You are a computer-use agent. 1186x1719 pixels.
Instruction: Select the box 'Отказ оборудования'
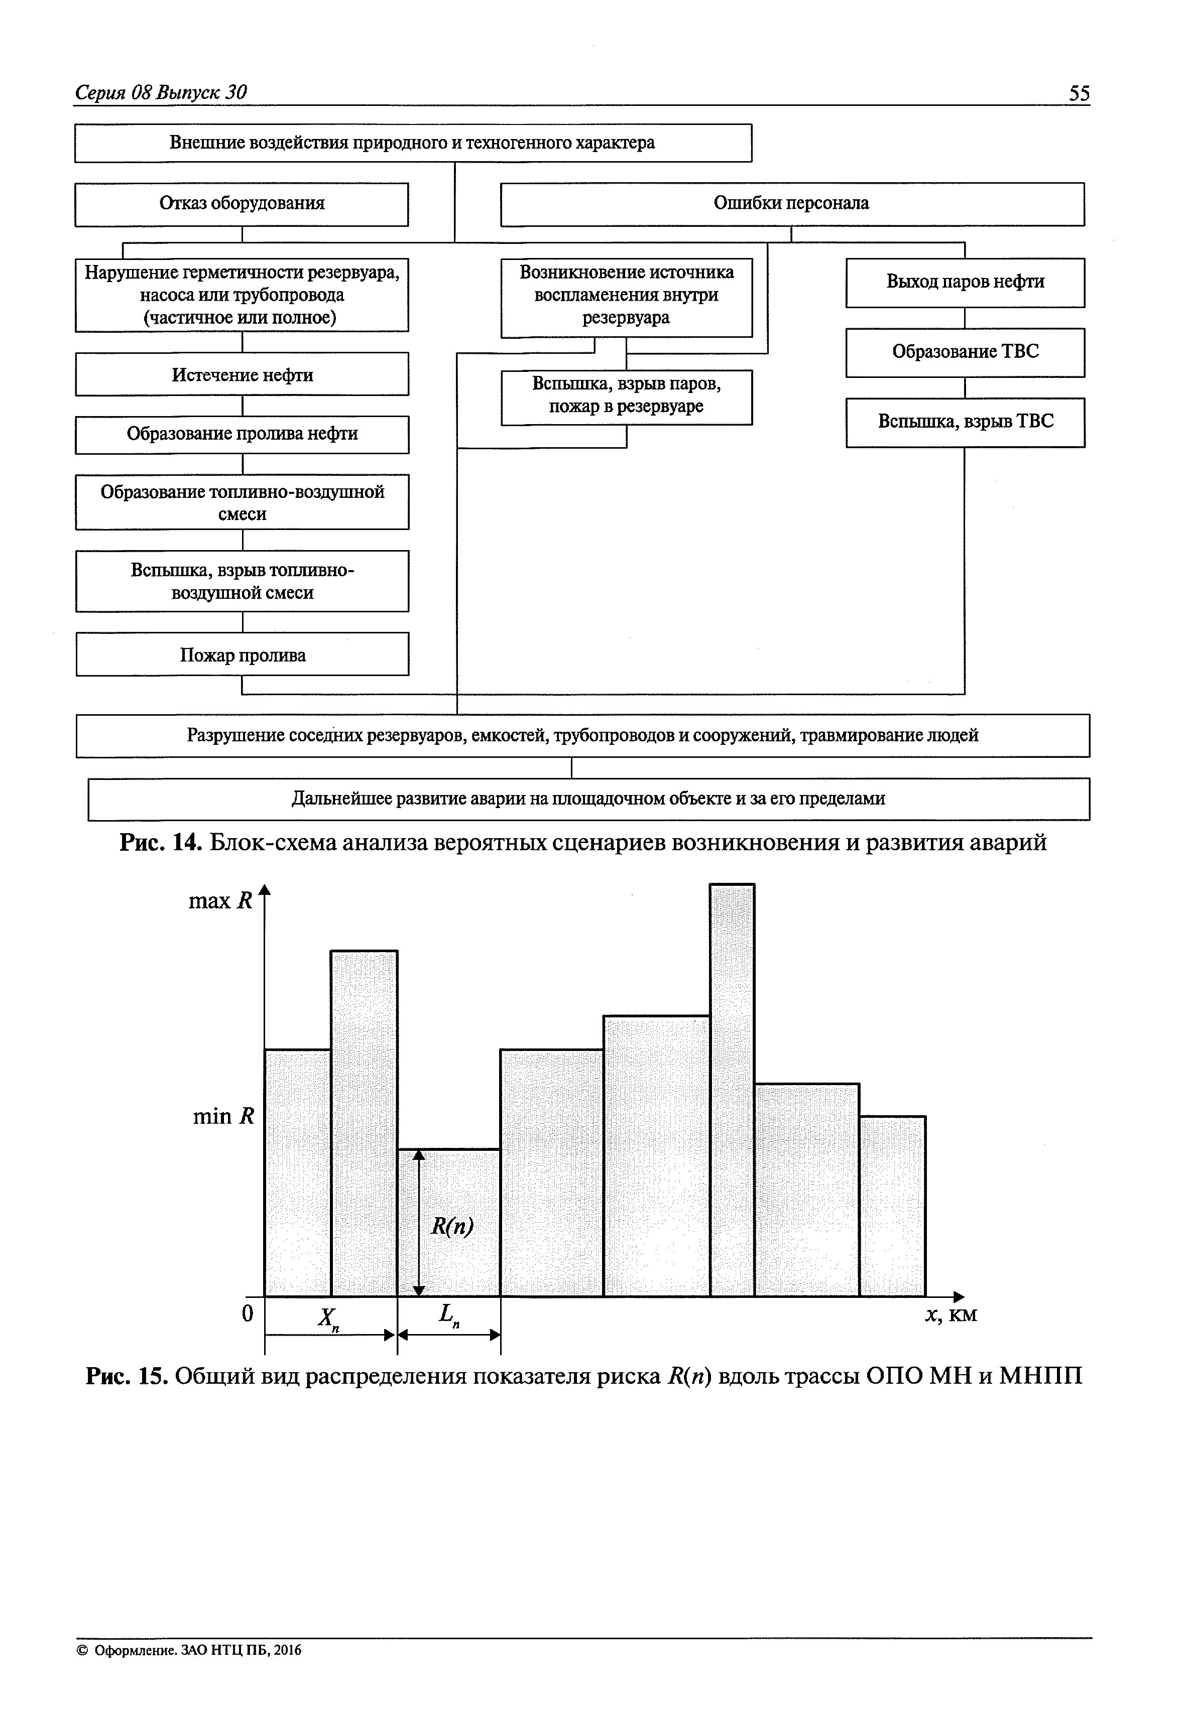tap(242, 204)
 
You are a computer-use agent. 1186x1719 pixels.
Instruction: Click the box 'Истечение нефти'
tap(242, 374)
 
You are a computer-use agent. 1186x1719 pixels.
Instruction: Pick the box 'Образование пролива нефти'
tap(242, 434)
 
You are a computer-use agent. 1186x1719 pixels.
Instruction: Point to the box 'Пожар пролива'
tap(242, 654)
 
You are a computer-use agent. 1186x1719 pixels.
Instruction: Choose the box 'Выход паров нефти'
tap(965, 282)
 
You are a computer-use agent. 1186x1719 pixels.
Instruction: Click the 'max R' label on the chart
tap(221, 901)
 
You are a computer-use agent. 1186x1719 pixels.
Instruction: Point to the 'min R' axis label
tap(223, 1116)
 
